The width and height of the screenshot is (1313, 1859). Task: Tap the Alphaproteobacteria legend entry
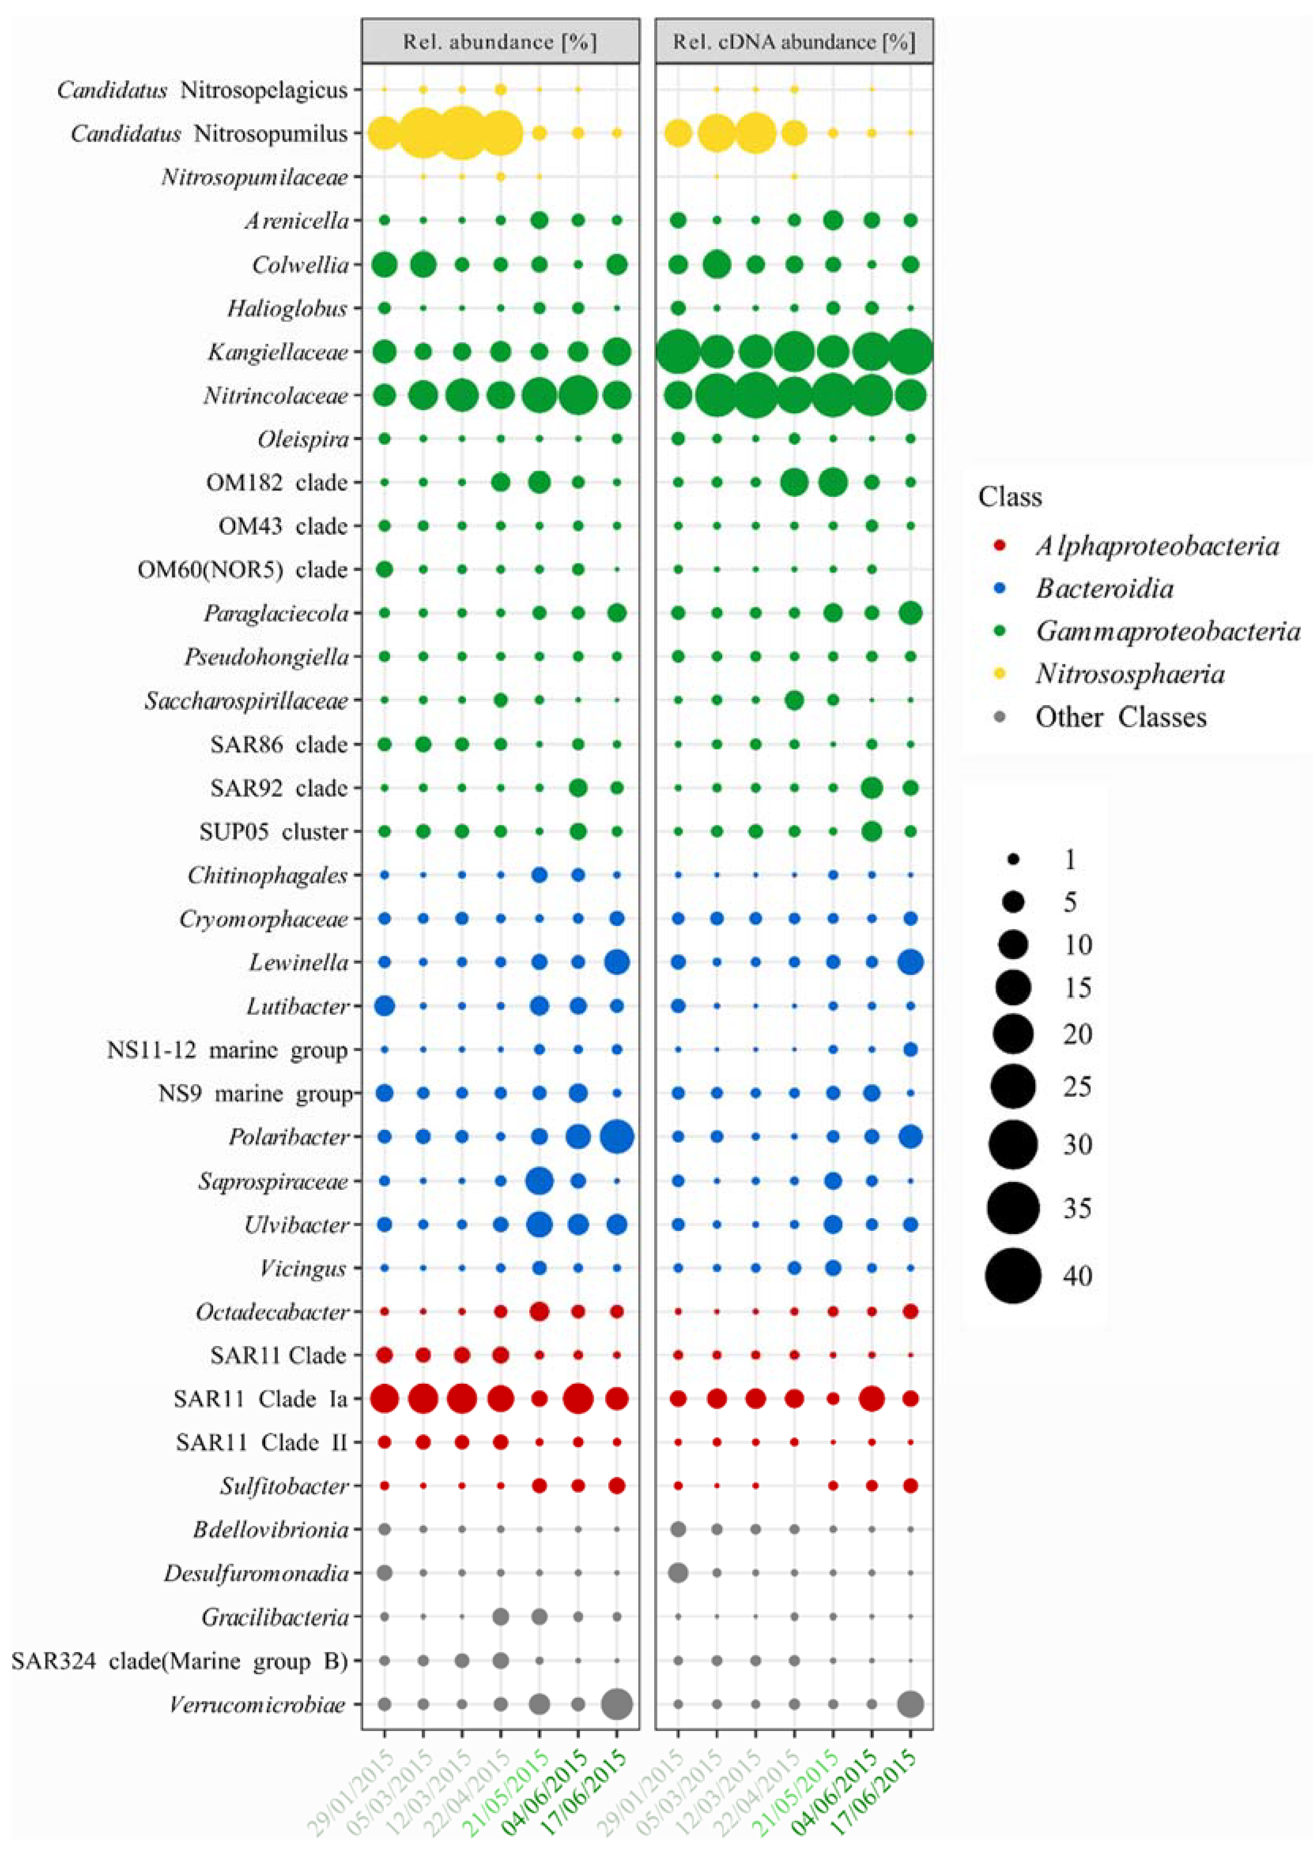tap(1156, 547)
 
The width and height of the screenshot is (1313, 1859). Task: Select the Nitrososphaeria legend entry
tap(1129, 674)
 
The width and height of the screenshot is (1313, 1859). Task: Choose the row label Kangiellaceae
tap(278, 352)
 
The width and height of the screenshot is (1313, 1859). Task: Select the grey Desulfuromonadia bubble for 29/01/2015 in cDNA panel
tap(678, 1573)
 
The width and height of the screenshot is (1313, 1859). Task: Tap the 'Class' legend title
tap(1009, 496)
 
